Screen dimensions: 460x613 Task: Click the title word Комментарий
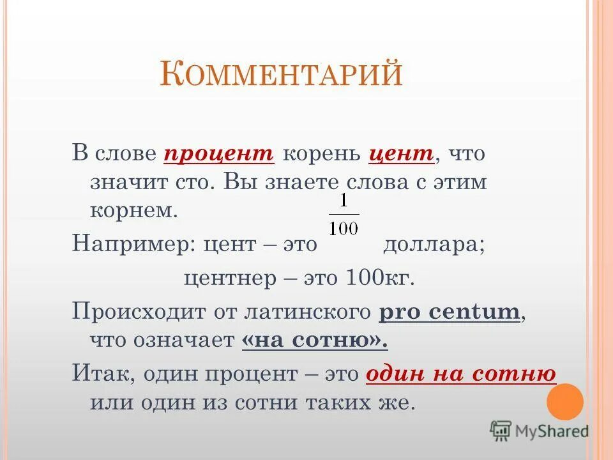pyautogui.click(x=281, y=75)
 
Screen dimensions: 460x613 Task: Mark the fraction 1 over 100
pyautogui.click(x=344, y=215)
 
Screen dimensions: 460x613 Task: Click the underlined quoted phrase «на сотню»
pyautogui.click(x=315, y=341)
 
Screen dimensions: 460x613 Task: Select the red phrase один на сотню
pyautogui.click(x=461, y=374)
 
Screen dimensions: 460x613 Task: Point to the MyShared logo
pyautogui.click(x=540, y=431)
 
